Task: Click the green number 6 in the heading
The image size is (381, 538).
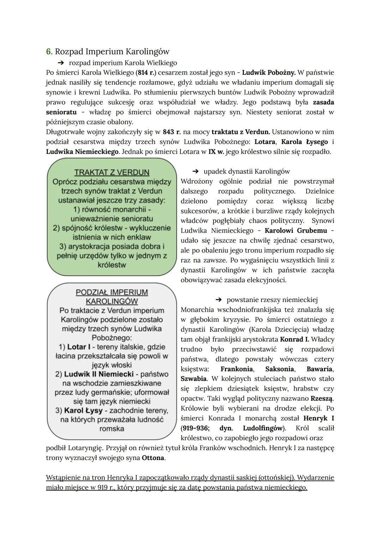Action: [x=49, y=52]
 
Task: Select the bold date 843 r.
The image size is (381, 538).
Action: [x=171, y=132]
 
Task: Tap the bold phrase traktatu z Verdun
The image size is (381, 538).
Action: [x=241, y=132]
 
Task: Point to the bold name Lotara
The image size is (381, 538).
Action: [x=265, y=142]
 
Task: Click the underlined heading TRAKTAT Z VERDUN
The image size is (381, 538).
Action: [x=112, y=173]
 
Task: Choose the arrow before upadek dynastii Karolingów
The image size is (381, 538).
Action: [x=196, y=171]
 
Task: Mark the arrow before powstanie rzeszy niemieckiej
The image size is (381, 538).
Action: [x=219, y=300]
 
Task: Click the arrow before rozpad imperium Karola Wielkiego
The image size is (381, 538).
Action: [x=61, y=63]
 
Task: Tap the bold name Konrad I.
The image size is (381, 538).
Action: [x=294, y=339]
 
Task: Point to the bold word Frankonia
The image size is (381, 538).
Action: [x=236, y=369]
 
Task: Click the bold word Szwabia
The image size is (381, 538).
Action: [x=193, y=379]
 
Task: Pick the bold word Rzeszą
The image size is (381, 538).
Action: [x=322, y=399]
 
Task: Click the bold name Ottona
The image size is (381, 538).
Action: [x=153, y=458]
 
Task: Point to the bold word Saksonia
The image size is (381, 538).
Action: [x=279, y=369]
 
